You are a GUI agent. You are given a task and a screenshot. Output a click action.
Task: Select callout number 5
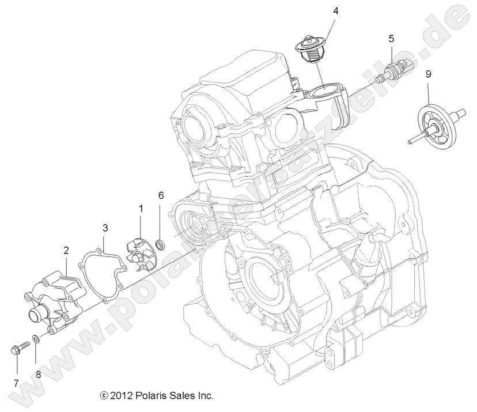click(391, 39)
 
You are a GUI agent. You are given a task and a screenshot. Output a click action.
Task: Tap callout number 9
click(427, 74)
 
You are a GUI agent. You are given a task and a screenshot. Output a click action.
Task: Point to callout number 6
click(161, 196)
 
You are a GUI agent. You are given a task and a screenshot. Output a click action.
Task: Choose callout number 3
click(105, 228)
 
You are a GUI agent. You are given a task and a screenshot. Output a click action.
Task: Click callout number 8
click(39, 373)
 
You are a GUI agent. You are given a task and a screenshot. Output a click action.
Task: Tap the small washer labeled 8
click(35, 339)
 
